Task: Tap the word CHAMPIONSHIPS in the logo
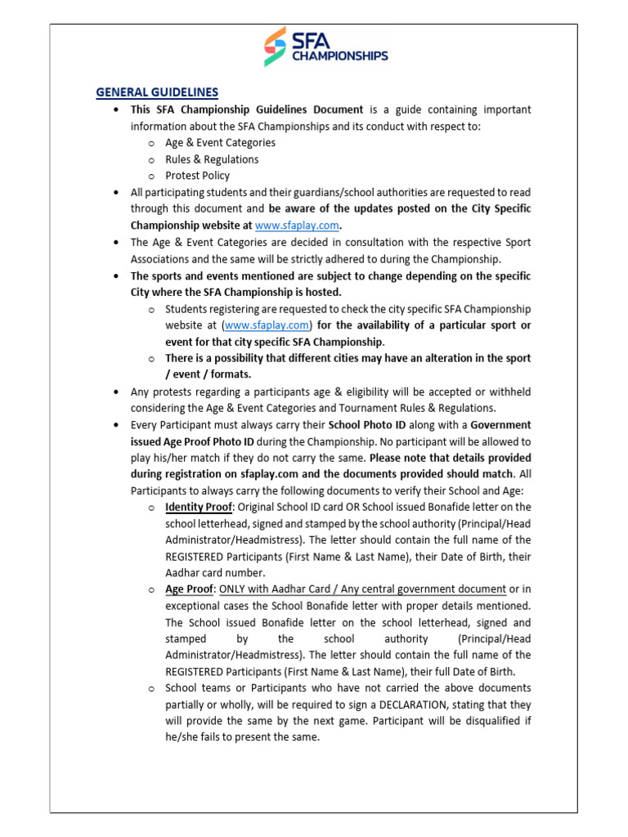pos(338,56)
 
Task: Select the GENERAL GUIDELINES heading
pos(157,92)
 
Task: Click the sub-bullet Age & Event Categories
pos(220,142)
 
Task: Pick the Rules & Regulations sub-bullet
pos(212,159)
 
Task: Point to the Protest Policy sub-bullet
pos(197,176)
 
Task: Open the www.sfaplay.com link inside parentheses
pos(256,325)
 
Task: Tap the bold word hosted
pos(323,292)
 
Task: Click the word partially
pos(190,705)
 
